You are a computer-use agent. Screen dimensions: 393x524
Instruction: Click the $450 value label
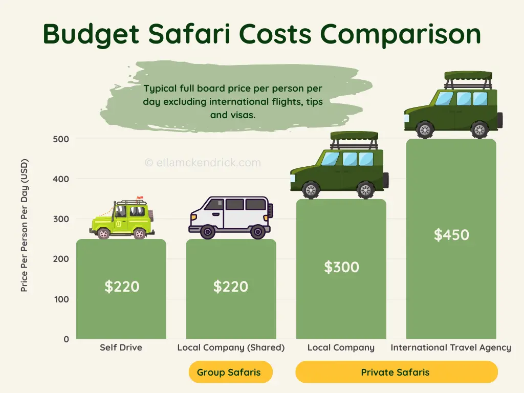point(451,235)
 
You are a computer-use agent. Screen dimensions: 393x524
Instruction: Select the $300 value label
point(341,267)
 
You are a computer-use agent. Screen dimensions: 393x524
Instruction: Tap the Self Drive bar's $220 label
point(122,287)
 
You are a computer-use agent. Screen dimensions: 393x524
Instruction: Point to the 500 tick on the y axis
point(61,139)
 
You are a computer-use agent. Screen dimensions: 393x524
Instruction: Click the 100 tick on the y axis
point(61,299)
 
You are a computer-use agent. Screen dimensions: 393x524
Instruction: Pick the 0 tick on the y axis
point(67,339)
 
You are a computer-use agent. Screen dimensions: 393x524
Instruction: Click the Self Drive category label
point(121,347)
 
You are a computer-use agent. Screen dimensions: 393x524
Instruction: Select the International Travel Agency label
point(451,347)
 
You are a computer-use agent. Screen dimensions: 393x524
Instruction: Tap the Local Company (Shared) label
point(231,347)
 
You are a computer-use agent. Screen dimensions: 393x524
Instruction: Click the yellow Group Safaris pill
point(231,372)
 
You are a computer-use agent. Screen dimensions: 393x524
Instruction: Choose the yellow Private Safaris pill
point(396,372)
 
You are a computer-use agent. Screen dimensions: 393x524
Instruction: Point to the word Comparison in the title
point(401,34)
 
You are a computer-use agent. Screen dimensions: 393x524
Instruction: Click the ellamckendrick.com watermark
point(203,163)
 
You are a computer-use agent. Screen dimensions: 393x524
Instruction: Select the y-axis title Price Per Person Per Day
point(25,225)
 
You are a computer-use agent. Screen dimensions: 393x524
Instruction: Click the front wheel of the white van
point(207,232)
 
